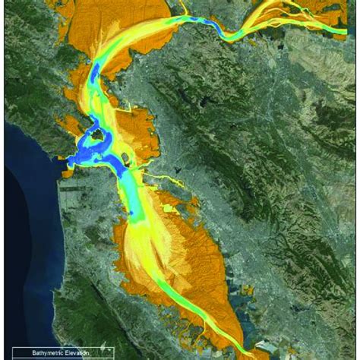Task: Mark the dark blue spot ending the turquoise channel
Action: pyautogui.click(x=137, y=216)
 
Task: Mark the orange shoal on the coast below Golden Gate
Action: pyautogui.click(x=67, y=172)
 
